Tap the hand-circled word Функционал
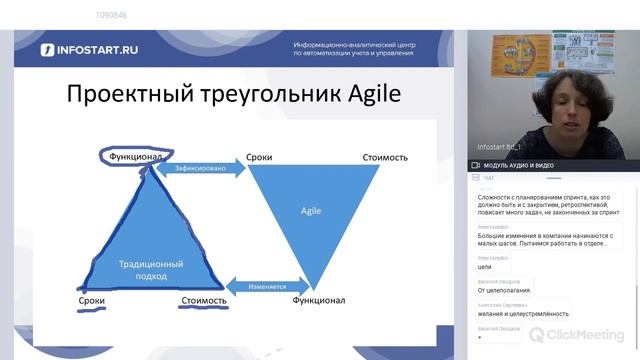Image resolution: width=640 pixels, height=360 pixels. click(x=136, y=156)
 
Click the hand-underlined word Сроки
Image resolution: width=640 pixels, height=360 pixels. click(x=92, y=300)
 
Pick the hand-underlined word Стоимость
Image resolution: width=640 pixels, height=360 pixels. click(x=204, y=300)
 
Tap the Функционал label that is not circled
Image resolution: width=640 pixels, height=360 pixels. click(x=318, y=300)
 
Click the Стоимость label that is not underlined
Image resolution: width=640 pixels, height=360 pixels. click(x=385, y=157)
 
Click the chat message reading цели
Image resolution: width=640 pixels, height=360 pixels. click(x=484, y=267)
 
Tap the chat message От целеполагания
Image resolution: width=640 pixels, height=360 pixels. click(x=504, y=290)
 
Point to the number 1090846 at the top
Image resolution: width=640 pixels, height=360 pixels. click(x=111, y=15)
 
